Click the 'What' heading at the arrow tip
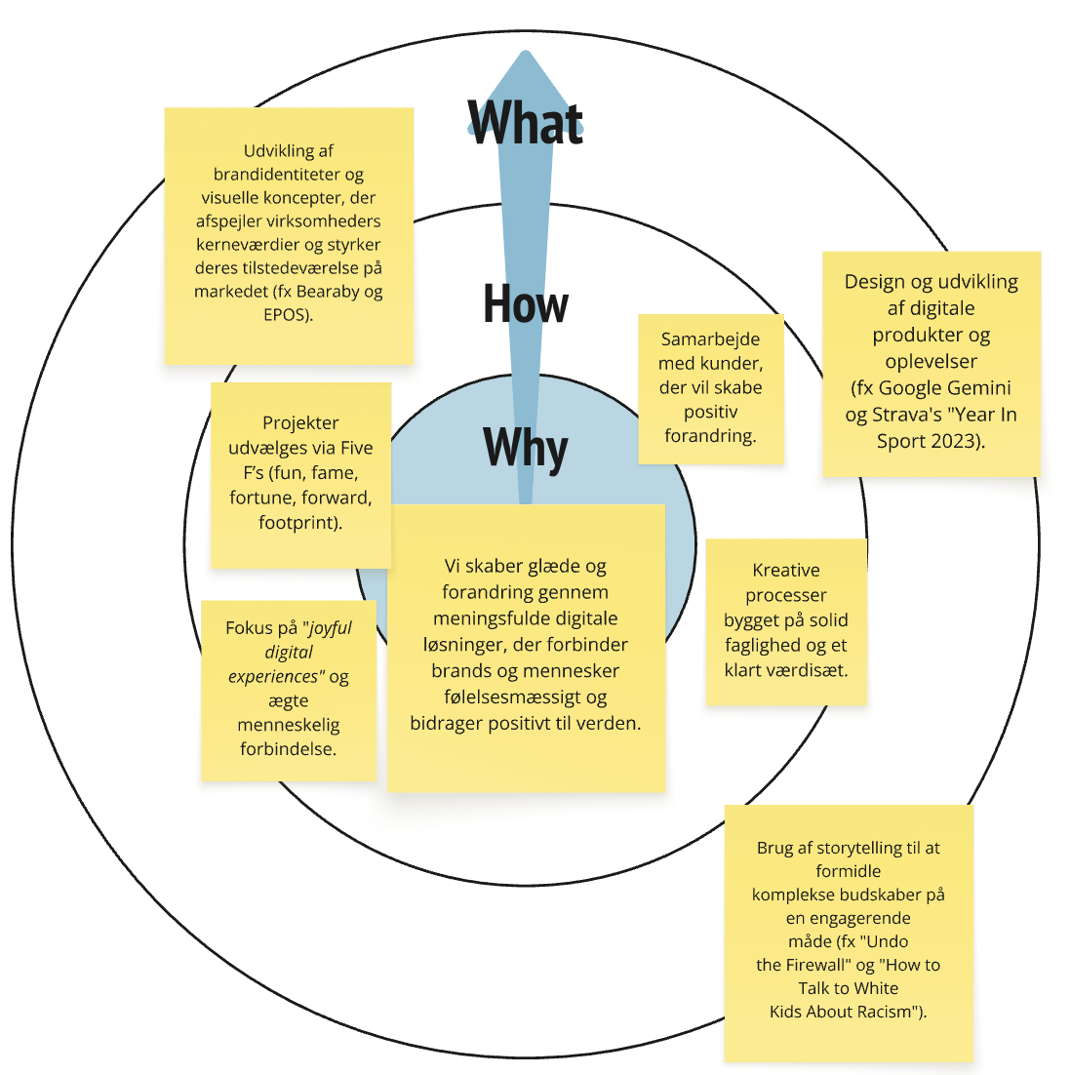pyautogui.click(x=526, y=123)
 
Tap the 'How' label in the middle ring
pyautogui.click(x=526, y=304)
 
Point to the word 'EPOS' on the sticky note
pyautogui.click(x=286, y=315)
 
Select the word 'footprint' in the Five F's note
pyautogui.click(x=297, y=523)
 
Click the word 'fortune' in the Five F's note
pyautogui.click(x=258, y=498)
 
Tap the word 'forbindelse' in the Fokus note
pyautogui.click(x=286, y=748)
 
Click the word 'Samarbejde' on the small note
pyautogui.click(x=710, y=339)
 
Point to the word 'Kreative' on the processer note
pyautogui.click(x=786, y=571)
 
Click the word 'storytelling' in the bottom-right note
pyautogui.click(x=858, y=848)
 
